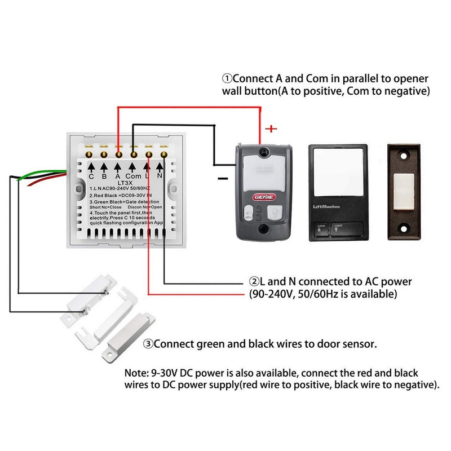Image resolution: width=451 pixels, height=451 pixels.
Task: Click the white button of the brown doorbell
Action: pyautogui.click(x=404, y=192)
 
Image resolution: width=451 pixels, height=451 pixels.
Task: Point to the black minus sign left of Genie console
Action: pyautogui.click(x=223, y=178)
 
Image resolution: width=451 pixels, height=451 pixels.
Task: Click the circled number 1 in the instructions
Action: pyautogui.click(x=227, y=78)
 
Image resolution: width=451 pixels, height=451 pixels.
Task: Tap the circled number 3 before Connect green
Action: pyautogui.click(x=148, y=343)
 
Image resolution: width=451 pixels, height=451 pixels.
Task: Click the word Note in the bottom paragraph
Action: pyautogui.click(x=137, y=373)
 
